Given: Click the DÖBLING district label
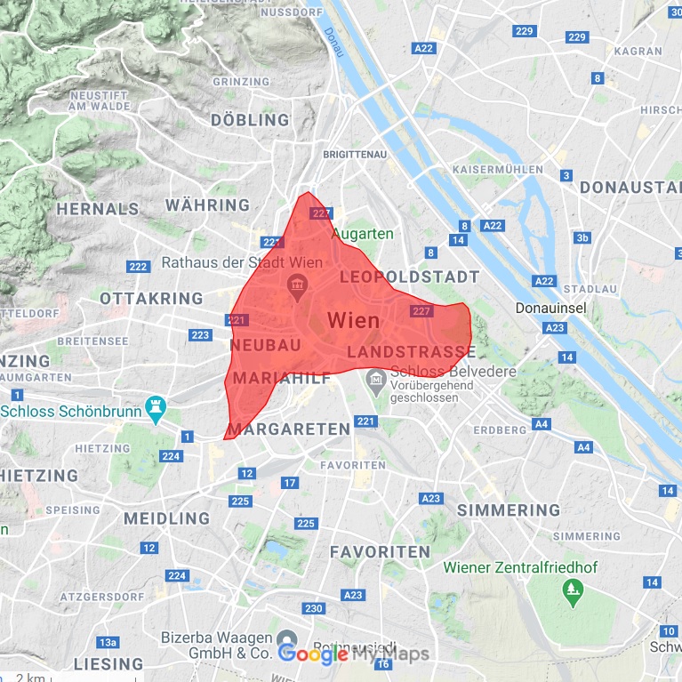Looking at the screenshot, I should [x=250, y=119].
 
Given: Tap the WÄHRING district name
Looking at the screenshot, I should [x=207, y=205].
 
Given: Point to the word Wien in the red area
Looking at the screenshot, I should [x=353, y=320].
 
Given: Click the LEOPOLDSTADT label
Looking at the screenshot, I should [x=409, y=277].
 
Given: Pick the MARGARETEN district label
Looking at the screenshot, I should [x=289, y=429].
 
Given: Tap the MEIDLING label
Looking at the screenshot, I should [x=166, y=518].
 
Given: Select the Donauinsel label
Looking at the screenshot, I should [x=551, y=308].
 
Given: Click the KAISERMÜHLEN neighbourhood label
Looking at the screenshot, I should [x=497, y=169].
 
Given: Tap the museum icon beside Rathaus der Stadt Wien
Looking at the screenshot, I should [x=295, y=285].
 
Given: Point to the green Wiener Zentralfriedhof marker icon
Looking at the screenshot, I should [x=570, y=588].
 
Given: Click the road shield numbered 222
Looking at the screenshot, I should [x=138, y=267].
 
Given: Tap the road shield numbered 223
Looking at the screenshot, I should [x=200, y=335].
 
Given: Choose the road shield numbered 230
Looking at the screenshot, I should [x=313, y=609].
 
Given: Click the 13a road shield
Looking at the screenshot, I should [x=108, y=642].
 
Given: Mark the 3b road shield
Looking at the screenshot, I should [x=582, y=237].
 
